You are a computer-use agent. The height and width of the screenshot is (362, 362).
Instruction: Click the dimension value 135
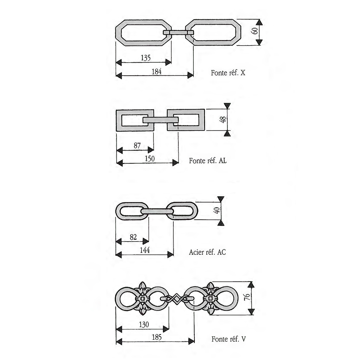point(146,58)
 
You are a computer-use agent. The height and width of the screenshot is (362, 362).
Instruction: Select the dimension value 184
point(156,72)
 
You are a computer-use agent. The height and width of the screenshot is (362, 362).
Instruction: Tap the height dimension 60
point(255,31)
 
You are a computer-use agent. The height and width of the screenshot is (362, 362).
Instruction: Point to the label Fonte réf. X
point(228,73)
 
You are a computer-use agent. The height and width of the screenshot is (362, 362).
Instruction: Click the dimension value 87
point(137,146)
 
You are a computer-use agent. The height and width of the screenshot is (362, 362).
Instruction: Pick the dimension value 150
point(150,159)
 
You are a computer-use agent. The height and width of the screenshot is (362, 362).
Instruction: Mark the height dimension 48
point(223,119)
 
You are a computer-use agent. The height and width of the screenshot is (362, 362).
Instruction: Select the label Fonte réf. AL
point(208,161)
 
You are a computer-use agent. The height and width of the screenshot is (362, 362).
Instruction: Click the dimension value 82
point(133,237)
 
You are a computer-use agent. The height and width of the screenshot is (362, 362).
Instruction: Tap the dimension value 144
point(145,250)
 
